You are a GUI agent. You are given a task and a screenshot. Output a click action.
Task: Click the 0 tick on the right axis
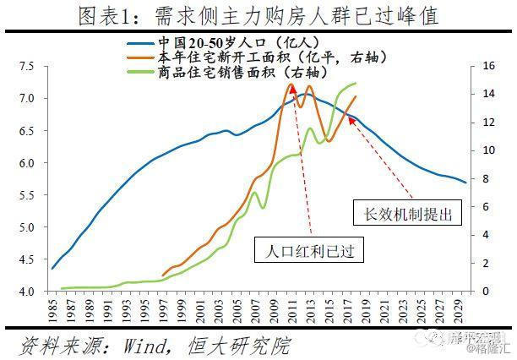click(x=487, y=292)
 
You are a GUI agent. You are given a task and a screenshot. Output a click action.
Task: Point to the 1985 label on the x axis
click(x=53, y=309)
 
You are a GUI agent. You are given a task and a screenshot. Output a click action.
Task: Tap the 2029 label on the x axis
click(x=458, y=309)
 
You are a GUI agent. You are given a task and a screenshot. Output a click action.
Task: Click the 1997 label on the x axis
click(x=164, y=309)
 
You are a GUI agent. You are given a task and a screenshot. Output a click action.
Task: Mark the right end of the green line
click(x=356, y=84)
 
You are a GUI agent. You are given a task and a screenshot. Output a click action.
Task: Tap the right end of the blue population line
click(x=465, y=182)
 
